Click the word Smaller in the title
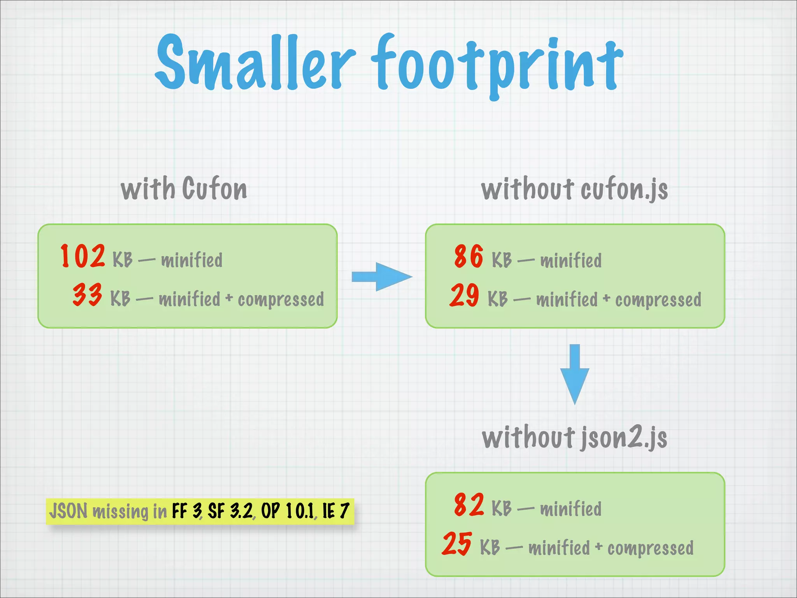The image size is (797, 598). click(255, 62)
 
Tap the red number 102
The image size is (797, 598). click(83, 256)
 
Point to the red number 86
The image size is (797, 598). click(469, 256)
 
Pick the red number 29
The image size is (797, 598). click(464, 295)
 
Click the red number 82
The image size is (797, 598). click(469, 505)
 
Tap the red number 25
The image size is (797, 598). click(457, 543)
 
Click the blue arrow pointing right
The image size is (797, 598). click(381, 277)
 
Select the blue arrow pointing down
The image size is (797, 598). click(574, 374)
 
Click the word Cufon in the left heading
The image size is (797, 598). click(214, 189)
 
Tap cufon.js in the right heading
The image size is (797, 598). click(624, 190)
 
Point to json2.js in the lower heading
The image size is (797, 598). click(624, 438)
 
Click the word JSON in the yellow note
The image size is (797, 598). click(68, 511)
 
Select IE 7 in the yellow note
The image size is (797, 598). click(336, 511)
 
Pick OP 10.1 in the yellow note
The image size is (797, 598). click(288, 511)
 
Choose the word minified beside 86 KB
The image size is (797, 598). click(571, 260)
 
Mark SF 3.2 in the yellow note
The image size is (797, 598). click(230, 511)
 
